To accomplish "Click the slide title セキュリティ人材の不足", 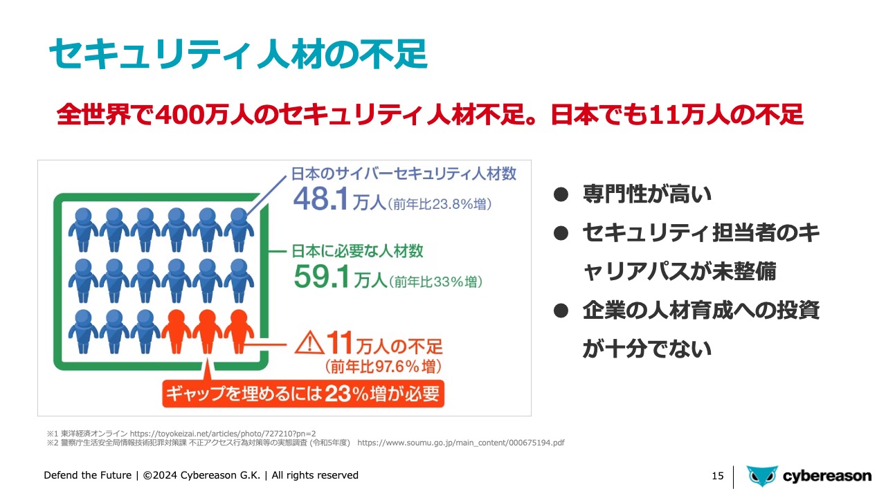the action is (x=238, y=54).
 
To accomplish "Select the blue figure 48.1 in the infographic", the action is (x=320, y=199).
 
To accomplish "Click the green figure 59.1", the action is (x=322, y=277).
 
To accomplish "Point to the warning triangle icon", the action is (x=309, y=342).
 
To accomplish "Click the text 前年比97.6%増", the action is (x=383, y=367).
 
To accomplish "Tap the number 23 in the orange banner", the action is (x=338, y=394).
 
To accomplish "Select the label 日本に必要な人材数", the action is (x=358, y=251).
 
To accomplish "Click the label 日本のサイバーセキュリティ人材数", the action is (x=404, y=174).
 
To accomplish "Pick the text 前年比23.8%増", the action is (x=440, y=204).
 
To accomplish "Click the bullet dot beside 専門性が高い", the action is (x=561, y=194).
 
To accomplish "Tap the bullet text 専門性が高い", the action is (x=647, y=194).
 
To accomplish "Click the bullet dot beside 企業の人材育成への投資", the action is (x=561, y=311).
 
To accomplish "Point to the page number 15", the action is (x=718, y=476).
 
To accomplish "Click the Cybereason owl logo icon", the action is (x=762, y=476).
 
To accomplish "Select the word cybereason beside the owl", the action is (x=827, y=477).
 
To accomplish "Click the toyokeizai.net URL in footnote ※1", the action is (x=223, y=434).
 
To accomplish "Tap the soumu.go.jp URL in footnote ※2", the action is (x=461, y=443).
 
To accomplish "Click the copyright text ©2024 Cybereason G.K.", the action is (x=201, y=475).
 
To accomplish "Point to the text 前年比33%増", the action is (x=435, y=282).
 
